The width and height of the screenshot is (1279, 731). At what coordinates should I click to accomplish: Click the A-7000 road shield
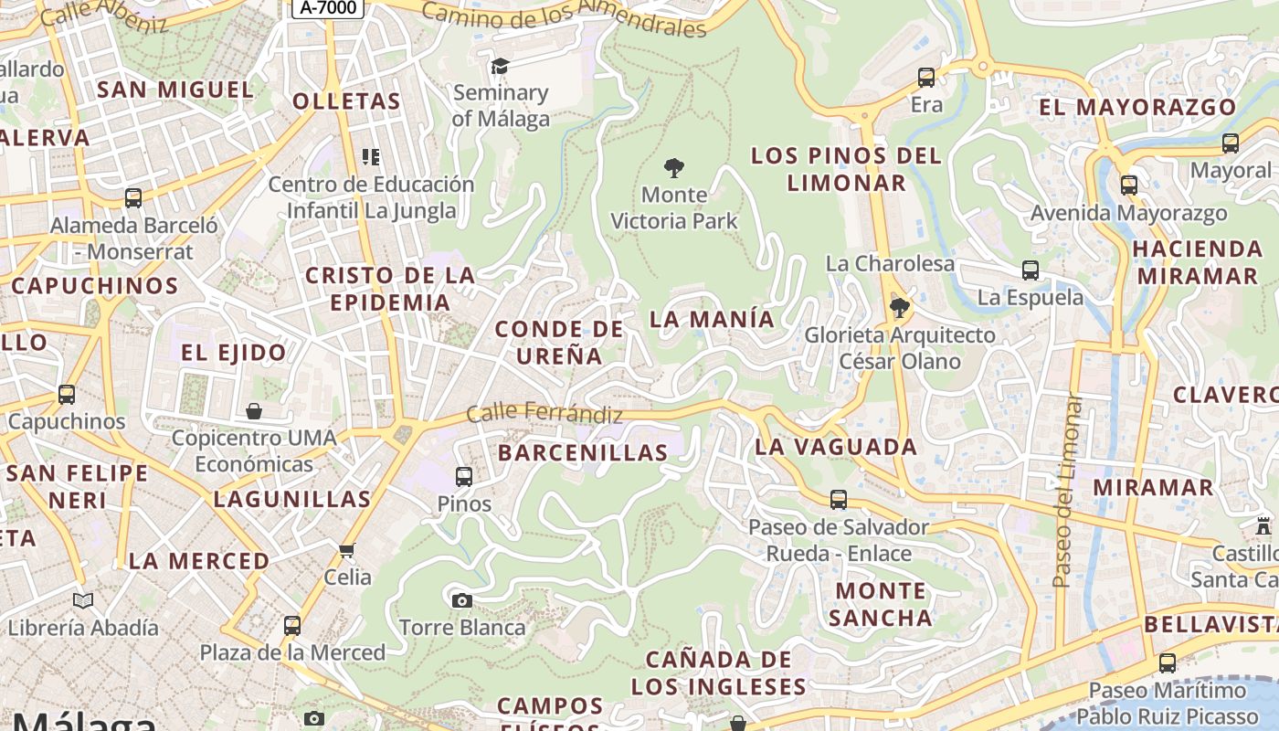(x=328, y=8)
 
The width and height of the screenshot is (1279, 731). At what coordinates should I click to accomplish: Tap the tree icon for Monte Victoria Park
(x=674, y=168)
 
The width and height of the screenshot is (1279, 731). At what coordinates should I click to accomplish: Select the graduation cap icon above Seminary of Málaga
(x=500, y=66)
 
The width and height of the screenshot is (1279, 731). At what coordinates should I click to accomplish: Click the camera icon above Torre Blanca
(x=462, y=600)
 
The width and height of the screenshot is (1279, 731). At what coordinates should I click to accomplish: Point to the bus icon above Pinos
(x=464, y=476)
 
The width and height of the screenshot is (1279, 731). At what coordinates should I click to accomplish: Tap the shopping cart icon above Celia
(x=346, y=550)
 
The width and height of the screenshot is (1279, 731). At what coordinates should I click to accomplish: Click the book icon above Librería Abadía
(x=83, y=600)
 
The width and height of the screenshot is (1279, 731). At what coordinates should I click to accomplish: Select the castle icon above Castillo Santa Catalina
(x=1263, y=526)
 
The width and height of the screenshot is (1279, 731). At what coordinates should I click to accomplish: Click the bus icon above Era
(x=926, y=78)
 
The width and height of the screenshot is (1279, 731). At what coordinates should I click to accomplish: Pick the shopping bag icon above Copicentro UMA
(x=254, y=411)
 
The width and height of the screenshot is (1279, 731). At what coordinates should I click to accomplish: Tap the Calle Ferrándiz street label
(x=544, y=414)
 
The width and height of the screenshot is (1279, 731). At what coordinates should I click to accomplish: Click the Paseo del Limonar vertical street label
(x=1064, y=491)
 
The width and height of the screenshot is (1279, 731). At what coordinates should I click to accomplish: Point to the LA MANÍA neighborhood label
(x=712, y=319)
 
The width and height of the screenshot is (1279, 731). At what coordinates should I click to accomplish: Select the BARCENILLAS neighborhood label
(x=583, y=452)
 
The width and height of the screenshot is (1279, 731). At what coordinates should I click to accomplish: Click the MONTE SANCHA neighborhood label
(x=880, y=604)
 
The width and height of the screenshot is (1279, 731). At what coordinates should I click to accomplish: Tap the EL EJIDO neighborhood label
(x=233, y=352)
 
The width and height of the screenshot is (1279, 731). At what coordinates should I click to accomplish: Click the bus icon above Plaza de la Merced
(x=292, y=625)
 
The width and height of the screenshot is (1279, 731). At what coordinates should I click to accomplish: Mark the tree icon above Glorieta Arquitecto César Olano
(x=900, y=307)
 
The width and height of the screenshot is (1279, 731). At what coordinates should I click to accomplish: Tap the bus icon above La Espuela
(x=1031, y=270)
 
